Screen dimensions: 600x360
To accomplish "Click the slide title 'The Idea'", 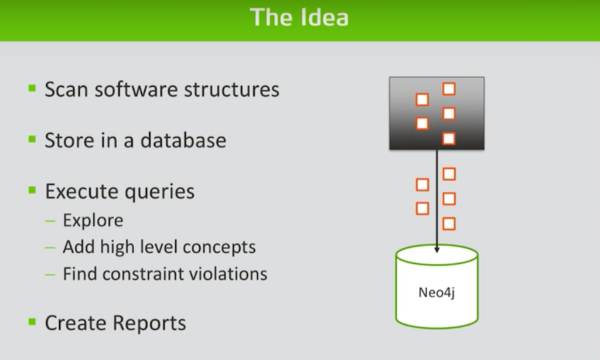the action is (x=299, y=17).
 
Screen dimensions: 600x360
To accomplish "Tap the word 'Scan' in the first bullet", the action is (x=67, y=89).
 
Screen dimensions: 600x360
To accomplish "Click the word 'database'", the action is (x=183, y=140).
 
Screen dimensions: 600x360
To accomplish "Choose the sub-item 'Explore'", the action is (x=93, y=220).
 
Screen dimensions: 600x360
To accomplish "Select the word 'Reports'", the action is (x=150, y=323).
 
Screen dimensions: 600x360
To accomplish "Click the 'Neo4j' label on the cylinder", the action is (x=437, y=293).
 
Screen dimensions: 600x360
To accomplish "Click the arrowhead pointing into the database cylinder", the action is (x=437, y=250).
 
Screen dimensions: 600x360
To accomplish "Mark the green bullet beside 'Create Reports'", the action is (x=32, y=322).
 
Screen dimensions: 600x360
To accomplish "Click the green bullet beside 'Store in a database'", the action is (x=32, y=139).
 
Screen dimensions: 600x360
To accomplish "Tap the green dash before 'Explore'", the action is (x=50, y=221).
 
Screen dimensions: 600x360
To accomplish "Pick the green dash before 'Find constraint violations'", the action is (x=50, y=274).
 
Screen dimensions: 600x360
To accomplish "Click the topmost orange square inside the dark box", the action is (x=449, y=89).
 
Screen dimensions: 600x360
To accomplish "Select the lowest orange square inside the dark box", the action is (x=449, y=138).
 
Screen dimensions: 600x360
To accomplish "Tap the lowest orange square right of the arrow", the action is (x=449, y=223).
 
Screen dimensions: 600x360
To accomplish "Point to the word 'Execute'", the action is (x=81, y=192).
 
